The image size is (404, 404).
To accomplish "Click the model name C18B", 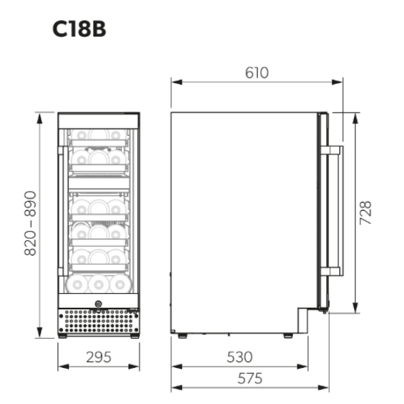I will [79, 29].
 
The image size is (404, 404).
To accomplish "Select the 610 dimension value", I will [256, 72].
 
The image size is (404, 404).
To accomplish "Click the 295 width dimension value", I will [98, 358].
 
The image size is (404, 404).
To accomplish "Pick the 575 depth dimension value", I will [249, 379].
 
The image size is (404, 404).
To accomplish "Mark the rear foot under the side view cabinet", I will [180, 336].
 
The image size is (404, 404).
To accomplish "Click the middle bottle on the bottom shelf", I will [98, 283].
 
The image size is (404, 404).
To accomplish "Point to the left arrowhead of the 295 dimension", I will [61, 367].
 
